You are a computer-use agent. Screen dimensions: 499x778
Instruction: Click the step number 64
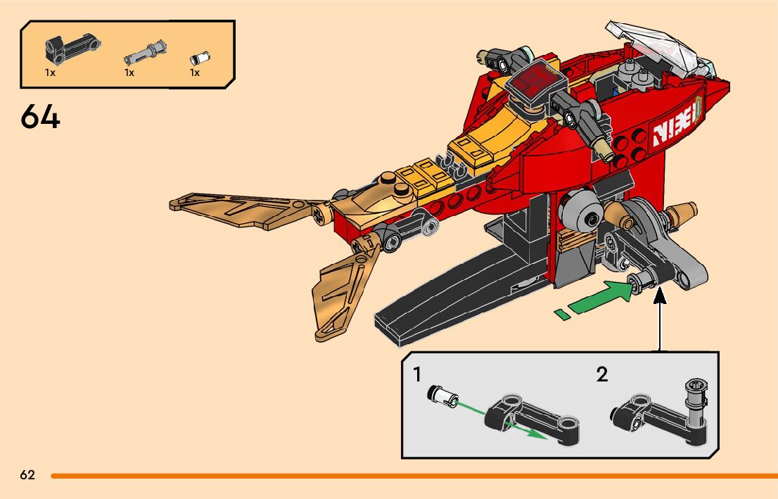click(x=40, y=117)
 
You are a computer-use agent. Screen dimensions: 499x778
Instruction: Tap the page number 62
click(x=27, y=475)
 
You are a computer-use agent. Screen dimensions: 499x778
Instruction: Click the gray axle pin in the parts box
click(x=146, y=50)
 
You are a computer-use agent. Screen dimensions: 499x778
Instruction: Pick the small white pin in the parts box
click(x=201, y=58)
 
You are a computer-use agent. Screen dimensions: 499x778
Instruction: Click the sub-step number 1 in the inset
click(x=417, y=374)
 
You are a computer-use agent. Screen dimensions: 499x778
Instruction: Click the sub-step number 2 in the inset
click(x=601, y=374)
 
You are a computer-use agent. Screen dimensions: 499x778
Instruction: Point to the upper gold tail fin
click(x=239, y=211)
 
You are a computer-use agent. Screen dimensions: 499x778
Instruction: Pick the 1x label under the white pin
click(x=195, y=72)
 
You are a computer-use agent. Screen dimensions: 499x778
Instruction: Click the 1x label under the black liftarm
click(x=50, y=72)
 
